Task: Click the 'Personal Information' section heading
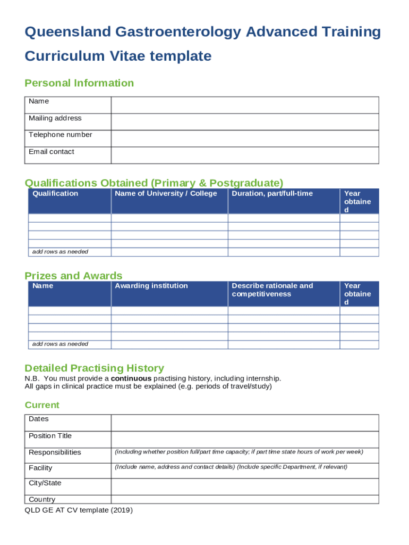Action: [79, 83]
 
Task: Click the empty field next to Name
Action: [244, 105]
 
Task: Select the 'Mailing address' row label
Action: [55, 118]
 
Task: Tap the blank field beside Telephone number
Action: [244, 138]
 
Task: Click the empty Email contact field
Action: [244, 155]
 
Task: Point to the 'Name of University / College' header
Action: [166, 194]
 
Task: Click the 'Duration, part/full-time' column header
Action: [272, 194]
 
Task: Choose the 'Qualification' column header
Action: [55, 194]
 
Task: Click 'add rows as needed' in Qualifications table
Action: [60, 252]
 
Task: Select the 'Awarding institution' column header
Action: [151, 286]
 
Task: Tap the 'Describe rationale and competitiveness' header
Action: [272, 290]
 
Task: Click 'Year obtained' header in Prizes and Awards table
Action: [357, 294]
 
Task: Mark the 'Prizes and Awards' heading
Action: [73, 276]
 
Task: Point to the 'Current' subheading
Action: [42, 405]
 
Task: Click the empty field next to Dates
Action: [244, 423]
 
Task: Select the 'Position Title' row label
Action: [50, 436]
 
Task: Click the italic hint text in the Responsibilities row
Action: [238, 452]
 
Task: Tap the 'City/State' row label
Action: [45, 483]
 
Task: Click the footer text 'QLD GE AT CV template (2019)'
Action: [79, 510]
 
